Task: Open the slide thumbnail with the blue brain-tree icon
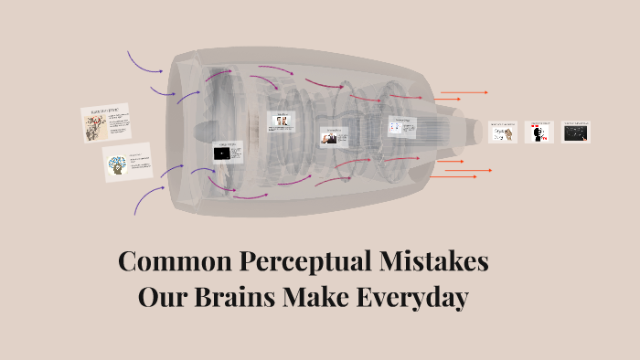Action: click(x=127, y=163)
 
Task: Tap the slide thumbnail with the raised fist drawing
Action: click(x=503, y=132)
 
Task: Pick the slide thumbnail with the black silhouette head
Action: click(x=539, y=132)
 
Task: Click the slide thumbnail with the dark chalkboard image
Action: click(x=576, y=132)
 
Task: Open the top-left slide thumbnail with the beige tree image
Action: click(x=108, y=123)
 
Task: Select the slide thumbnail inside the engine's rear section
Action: click(x=400, y=127)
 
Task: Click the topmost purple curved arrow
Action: click(x=144, y=62)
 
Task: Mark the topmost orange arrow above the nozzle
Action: click(x=464, y=92)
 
